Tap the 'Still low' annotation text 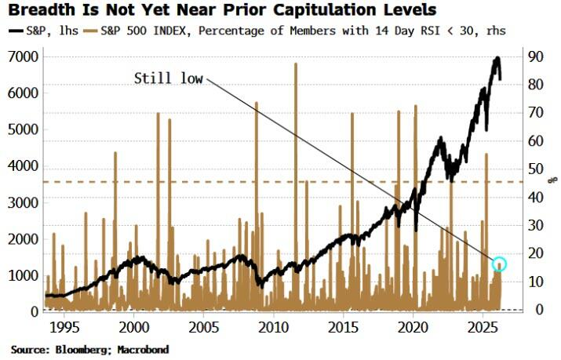pyautogui.click(x=167, y=78)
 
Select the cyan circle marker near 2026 pyautogui.click(x=499, y=264)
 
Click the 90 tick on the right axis pyautogui.click(x=534, y=56)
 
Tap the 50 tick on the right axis pyautogui.click(x=534, y=169)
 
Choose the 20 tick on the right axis pyautogui.click(x=534, y=253)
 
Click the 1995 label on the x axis pyautogui.click(x=63, y=325)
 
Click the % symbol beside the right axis pyautogui.click(x=552, y=179)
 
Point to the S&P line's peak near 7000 pyautogui.click(x=497, y=58)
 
